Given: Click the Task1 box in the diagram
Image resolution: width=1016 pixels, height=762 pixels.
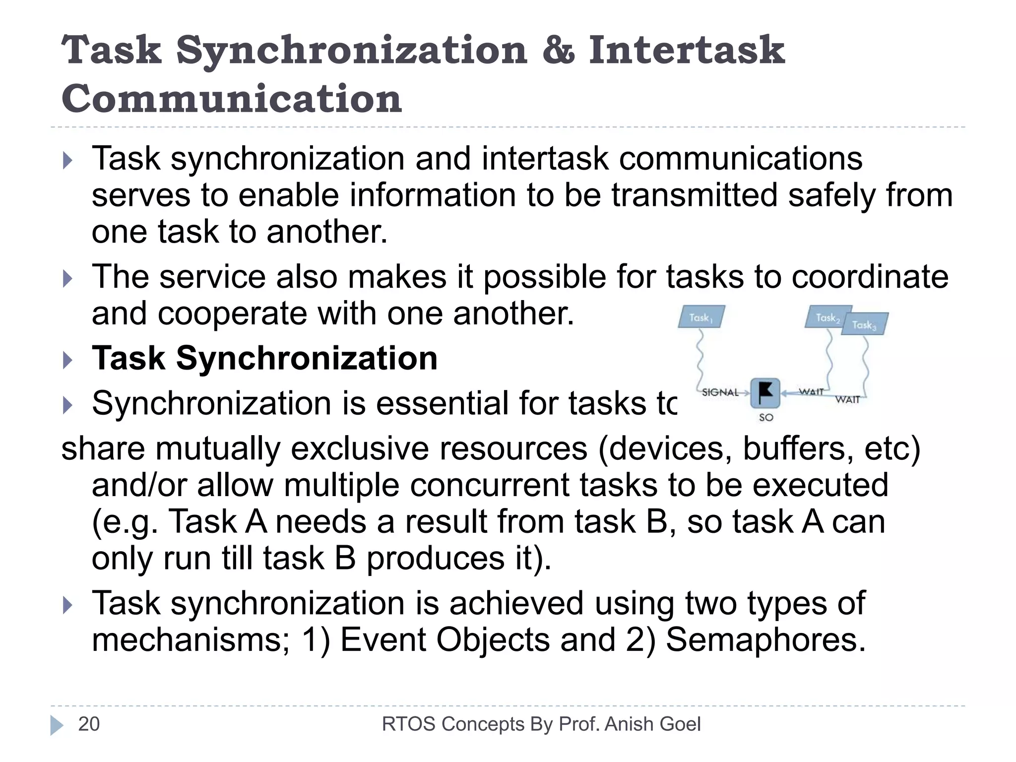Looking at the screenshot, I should click(701, 317).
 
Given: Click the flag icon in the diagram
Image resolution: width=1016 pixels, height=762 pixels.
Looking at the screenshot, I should click(765, 392).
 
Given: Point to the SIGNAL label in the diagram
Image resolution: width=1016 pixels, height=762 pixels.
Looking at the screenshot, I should click(720, 392).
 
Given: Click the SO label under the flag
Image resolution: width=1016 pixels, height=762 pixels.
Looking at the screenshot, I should click(766, 418).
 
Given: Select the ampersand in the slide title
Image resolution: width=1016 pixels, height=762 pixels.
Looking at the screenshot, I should click(558, 51).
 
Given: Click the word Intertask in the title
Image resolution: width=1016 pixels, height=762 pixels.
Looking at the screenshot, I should click(687, 51).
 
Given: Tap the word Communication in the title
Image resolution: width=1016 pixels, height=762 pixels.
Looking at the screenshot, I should click(232, 99).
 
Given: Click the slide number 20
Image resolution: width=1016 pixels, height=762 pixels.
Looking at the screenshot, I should click(89, 724).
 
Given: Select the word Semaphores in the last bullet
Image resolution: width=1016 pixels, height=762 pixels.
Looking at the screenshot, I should click(765, 639).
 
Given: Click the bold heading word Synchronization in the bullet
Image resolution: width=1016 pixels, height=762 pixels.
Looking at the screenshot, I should click(307, 358).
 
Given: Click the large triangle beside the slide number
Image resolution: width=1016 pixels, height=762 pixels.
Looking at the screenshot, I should click(57, 725).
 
